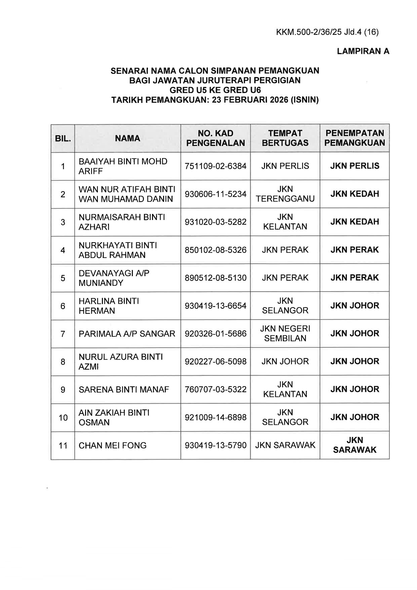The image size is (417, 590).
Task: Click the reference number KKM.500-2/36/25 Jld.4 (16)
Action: pyautogui.click(x=327, y=32)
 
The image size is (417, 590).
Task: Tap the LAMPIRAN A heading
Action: pyautogui.click(x=363, y=51)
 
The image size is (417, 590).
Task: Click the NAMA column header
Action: pyautogui.click(x=127, y=138)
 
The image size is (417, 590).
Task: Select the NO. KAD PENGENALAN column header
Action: pyautogui.click(x=216, y=138)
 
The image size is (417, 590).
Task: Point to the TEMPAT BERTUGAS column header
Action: pyautogui.click(x=285, y=138)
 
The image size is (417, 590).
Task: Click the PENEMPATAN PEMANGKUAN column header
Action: pyautogui.click(x=354, y=138)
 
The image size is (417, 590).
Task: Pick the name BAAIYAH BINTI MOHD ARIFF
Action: pyautogui.click(x=123, y=166)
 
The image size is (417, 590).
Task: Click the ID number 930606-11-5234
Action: pyautogui.click(x=216, y=194)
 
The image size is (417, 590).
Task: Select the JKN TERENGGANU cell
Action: pyautogui.click(x=285, y=194)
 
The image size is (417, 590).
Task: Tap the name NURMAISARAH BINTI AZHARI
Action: pyautogui.click(x=122, y=222)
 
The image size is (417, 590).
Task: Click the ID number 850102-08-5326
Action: pyautogui.click(x=216, y=250)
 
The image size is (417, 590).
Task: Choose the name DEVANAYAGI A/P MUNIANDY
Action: pyautogui.click(x=114, y=278)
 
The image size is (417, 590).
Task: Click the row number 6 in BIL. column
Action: pyautogui.click(x=63, y=306)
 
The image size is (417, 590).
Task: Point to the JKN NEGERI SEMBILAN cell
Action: pyautogui.click(x=285, y=333)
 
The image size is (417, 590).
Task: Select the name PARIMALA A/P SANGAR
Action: pyautogui.click(x=127, y=334)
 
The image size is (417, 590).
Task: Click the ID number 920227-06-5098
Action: pyautogui.click(x=216, y=362)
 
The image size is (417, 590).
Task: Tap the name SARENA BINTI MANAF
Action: pyautogui.click(x=124, y=390)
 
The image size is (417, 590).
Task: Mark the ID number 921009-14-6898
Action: pyautogui.click(x=216, y=417)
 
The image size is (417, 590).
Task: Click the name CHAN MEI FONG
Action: pyautogui.click(x=113, y=445)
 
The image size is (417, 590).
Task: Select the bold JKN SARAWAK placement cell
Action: pyautogui.click(x=354, y=445)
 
